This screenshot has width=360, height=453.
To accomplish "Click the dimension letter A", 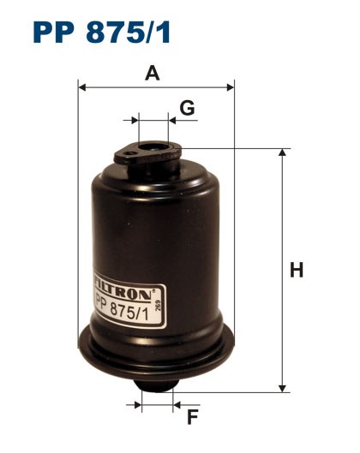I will [x=153, y=74].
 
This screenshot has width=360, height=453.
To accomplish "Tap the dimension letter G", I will [x=187, y=108].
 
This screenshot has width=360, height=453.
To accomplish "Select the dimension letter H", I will [x=297, y=271].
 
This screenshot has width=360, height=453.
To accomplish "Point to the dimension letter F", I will [x=193, y=417].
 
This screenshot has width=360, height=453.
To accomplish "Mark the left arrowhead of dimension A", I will [x=82, y=86].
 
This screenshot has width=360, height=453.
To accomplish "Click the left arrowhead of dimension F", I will [x=136, y=402].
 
